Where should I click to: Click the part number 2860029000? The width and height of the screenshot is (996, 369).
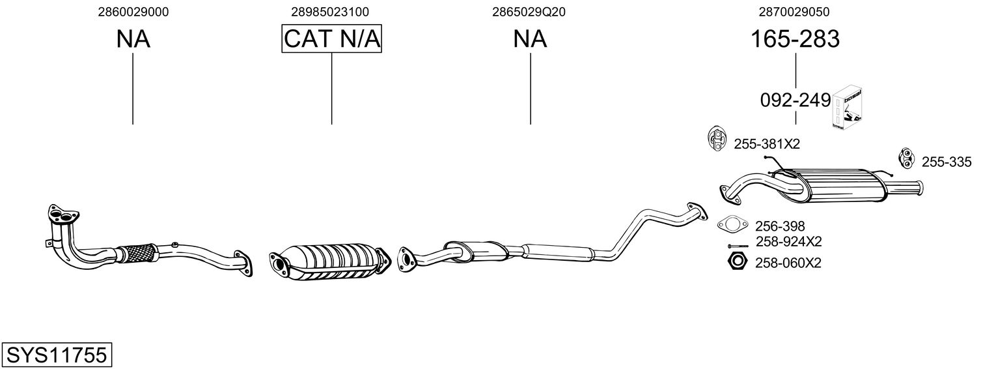pyautogui.click(x=133, y=12)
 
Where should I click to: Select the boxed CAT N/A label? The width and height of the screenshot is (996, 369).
pyautogui.click(x=331, y=39)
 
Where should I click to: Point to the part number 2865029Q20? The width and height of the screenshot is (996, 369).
pyautogui.click(x=530, y=12)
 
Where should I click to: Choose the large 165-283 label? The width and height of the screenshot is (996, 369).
pyautogui.click(x=795, y=39)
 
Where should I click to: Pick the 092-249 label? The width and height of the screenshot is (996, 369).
pyautogui.click(x=795, y=100)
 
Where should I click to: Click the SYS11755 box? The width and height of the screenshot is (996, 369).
pyautogui.click(x=56, y=355)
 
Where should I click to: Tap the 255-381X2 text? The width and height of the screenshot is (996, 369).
pyautogui.click(x=766, y=144)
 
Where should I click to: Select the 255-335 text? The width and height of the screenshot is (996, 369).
pyautogui.click(x=946, y=162)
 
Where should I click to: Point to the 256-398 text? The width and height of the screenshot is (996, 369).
pyautogui.click(x=780, y=226)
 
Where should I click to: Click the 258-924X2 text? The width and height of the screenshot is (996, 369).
pyautogui.click(x=788, y=242)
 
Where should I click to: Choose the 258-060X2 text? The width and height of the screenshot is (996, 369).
pyautogui.click(x=788, y=263)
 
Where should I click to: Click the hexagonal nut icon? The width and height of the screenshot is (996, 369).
pyautogui.click(x=736, y=262)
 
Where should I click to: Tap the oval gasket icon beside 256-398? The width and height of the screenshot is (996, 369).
pyautogui.click(x=732, y=225)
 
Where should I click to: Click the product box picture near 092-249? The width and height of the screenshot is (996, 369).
pyautogui.click(x=849, y=108)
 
